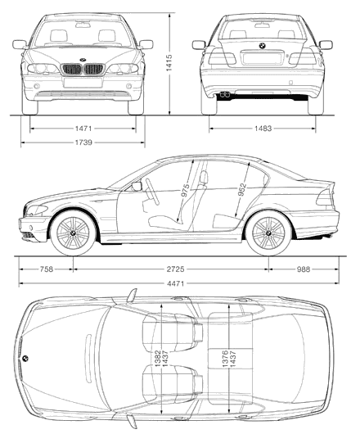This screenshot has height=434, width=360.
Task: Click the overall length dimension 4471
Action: click(175, 283)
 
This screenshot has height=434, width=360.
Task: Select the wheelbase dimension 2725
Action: click(175, 269)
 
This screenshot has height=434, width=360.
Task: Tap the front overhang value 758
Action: click(46, 269)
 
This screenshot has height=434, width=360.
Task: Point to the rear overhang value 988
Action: click(304, 269)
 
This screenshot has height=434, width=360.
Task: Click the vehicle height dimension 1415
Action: click(169, 62)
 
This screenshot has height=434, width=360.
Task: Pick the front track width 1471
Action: click(83, 129)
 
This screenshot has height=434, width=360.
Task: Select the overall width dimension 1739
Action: click(83, 142)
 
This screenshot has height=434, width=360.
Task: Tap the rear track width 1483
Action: click(263, 129)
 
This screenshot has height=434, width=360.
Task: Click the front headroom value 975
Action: click(185, 190)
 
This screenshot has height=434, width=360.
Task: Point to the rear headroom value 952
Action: click(242, 190)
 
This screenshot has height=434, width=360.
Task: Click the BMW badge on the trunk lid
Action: click(262, 46)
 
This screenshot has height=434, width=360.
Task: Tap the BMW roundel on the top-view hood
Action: click(25, 358)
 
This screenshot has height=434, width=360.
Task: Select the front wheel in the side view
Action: click(73, 233)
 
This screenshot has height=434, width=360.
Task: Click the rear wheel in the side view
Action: click(268, 233)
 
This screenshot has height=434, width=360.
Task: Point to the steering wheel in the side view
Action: click(152, 192)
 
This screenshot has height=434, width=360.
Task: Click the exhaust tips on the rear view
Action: click(225, 95)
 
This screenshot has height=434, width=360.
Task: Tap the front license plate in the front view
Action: click(83, 83)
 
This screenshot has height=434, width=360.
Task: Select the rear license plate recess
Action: click(262, 58)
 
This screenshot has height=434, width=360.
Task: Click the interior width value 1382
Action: click(158, 359)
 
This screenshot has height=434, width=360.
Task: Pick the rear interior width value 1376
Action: click(225, 359)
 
